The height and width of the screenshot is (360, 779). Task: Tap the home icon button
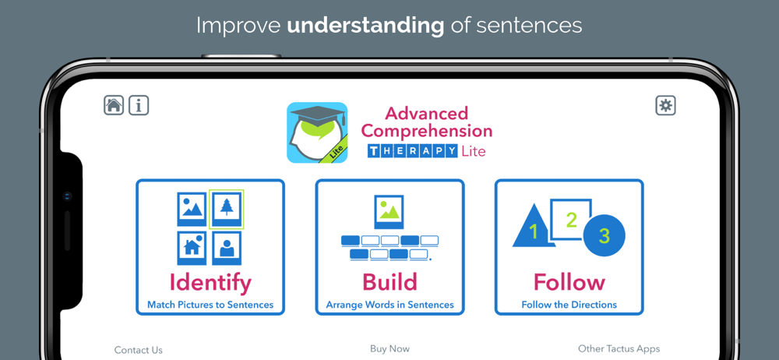click(x=113, y=105)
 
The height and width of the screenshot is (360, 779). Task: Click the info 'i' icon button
click(x=139, y=105)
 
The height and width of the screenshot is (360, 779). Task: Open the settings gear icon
click(x=666, y=105)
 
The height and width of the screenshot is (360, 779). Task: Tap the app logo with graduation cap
click(x=317, y=132)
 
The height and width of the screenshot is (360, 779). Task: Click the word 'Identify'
click(x=210, y=282)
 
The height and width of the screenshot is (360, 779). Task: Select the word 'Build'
click(x=389, y=282)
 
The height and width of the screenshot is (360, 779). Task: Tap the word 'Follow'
click(x=569, y=282)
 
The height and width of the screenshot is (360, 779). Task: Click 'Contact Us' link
click(x=138, y=350)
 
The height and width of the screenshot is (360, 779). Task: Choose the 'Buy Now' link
click(x=389, y=349)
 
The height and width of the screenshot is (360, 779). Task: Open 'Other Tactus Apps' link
click(x=619, y=348)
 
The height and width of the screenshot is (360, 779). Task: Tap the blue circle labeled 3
click(x=605, y=235)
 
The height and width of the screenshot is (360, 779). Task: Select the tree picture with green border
click(x=227, y=210)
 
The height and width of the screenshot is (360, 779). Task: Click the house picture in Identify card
click(x=192, y=248)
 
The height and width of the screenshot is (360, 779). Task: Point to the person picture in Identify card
click(x=227, y=248)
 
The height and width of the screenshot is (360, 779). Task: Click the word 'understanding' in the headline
click(x=365, y=26)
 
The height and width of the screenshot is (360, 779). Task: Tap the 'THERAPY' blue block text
click(x=412, y=151)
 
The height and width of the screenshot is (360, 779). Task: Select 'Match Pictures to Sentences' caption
click(x=210, y=305)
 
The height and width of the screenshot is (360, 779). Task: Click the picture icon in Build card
click(x=389, y=212)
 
